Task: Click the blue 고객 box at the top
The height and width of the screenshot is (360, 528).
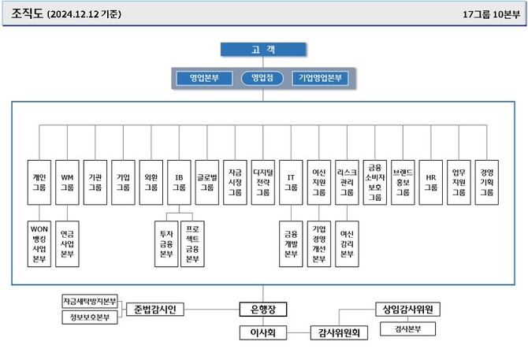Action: pos(263,50)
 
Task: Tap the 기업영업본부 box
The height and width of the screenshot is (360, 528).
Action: pos(320,78)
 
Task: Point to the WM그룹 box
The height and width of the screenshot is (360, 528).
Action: pos(67,183)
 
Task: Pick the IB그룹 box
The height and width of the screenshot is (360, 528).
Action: pos(180,183)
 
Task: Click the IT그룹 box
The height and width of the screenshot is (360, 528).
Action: pos(290,183)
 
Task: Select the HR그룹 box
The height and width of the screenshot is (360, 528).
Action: pos(431,183)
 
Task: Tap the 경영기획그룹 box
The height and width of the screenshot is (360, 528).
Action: pos(487,183)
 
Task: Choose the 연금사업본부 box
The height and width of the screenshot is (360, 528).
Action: pos(68,244)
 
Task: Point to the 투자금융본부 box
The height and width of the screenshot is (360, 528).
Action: pos(165,244)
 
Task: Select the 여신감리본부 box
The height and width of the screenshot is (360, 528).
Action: pos(347,244)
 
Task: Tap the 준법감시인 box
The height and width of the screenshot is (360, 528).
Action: pos(154,309)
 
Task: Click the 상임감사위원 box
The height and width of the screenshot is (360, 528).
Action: pos(408,309)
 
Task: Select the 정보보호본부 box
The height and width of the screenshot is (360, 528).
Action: pos(89,317)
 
